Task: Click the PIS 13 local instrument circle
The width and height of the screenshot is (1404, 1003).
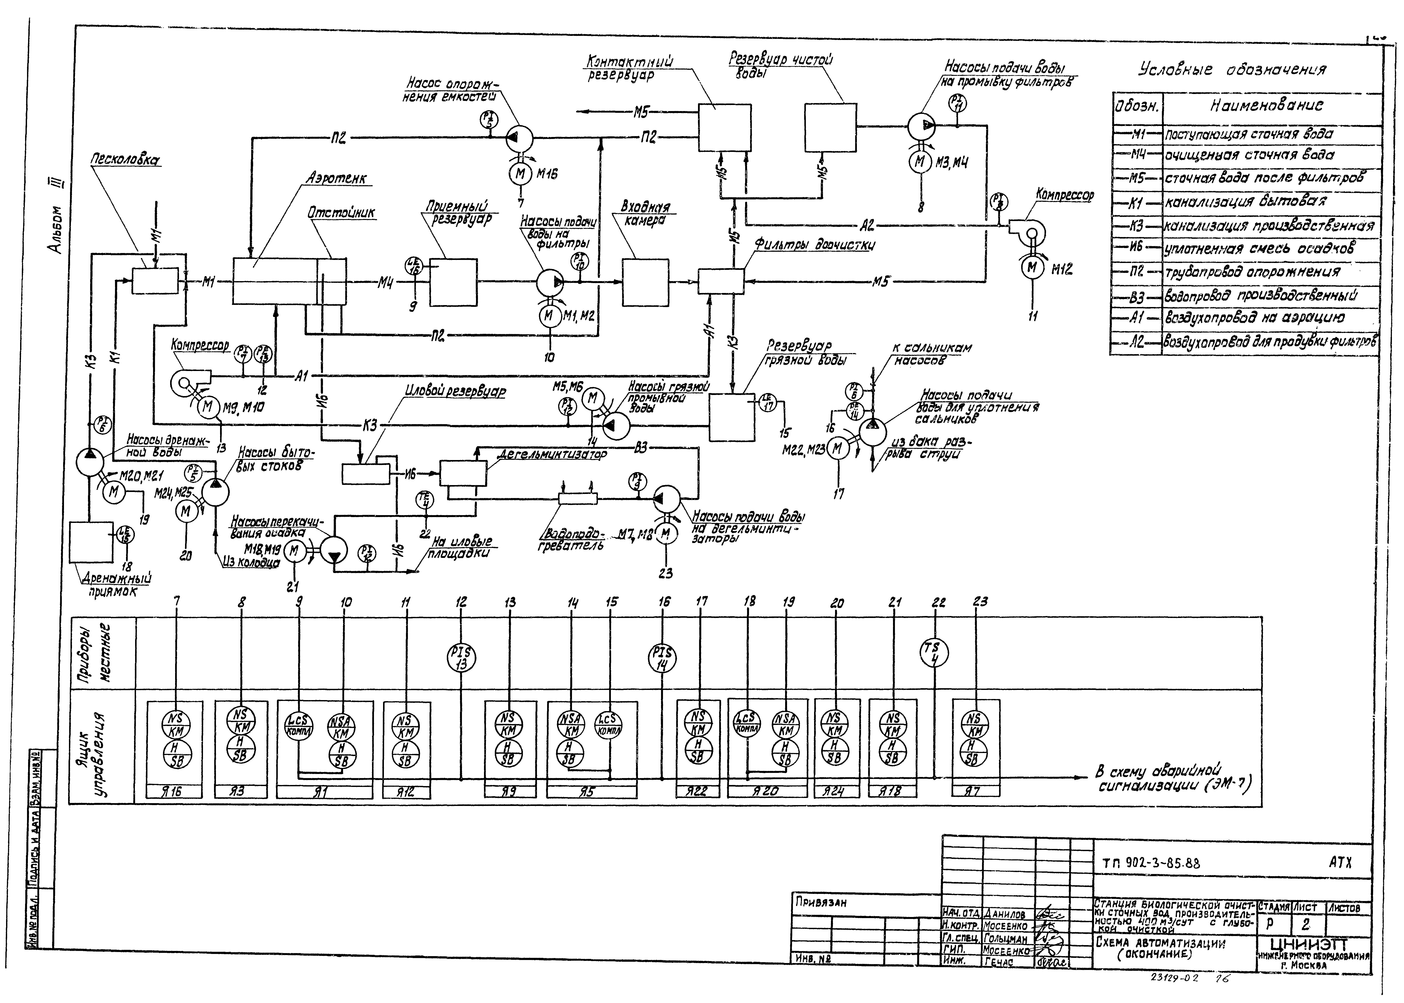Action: (x=461, y=658)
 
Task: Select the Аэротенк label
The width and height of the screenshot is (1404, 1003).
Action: (x=336, y=178)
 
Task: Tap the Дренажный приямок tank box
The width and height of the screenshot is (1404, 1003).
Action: (x=91, y=542)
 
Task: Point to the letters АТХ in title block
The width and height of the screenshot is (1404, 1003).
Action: (x=1340, y=862)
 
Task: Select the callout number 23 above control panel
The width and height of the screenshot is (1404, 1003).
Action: (x=980, y=602)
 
